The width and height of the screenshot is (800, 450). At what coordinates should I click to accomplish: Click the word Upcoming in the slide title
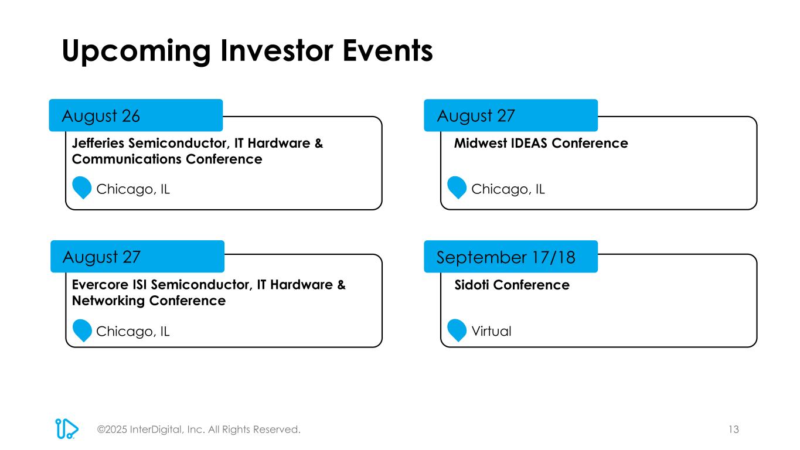point(136,52)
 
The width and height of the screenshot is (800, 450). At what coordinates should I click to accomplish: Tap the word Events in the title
point(388,50)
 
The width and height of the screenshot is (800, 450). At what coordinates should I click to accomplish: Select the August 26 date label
point(101,117)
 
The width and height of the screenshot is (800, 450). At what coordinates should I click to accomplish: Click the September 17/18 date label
point(506,257)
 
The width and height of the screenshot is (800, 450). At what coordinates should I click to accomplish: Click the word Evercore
point(100,285)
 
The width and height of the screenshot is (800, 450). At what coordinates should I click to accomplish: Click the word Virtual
point(491,331)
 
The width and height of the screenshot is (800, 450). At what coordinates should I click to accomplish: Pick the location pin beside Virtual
point(457,330)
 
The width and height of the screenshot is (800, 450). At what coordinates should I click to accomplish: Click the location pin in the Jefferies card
point(82,187)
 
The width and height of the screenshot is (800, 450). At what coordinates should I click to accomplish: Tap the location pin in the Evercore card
point(82,330)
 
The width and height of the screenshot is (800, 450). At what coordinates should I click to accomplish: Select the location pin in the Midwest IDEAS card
point(457,187)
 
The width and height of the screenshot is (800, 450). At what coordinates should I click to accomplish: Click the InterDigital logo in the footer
point(66,428)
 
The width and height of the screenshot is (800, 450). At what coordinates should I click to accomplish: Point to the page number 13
point(734,429)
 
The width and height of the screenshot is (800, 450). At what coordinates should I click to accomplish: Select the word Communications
point(127,159)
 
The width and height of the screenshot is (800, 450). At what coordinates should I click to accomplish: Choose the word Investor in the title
point(277,50)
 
